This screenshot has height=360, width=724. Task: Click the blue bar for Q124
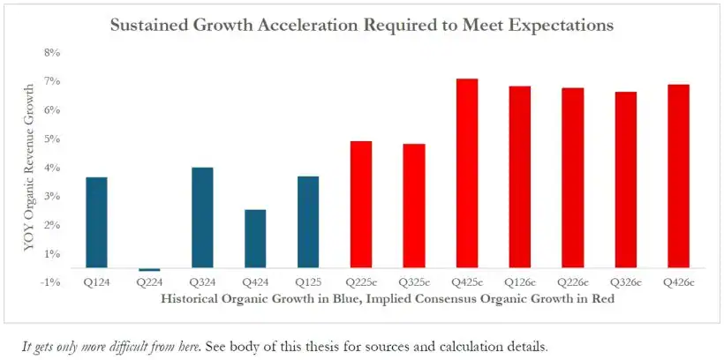pos(96,222)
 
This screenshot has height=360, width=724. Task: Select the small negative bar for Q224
pos(149,269)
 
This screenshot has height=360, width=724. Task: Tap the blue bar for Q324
pos(202,217)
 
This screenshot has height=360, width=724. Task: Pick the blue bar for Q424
pos(255,238)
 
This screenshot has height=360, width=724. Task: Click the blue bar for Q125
pos(308,221)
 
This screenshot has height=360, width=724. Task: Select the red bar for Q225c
pos(361,204)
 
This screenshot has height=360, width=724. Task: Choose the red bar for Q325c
pos(414,206)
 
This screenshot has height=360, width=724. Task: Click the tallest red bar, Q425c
pos(467,173)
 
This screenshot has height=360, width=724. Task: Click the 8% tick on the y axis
pos(51,53)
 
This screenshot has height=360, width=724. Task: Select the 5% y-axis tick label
pos(51,139)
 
